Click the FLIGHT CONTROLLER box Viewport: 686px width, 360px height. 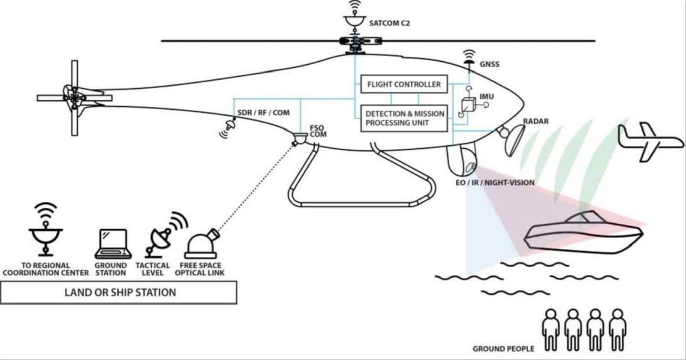pyautogui.click(x=404, y=84)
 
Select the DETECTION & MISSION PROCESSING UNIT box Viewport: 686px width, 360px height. pyautogui.click(x=404, y=118)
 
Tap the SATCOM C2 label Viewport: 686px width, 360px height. pyautogui.click(x=389, y=23)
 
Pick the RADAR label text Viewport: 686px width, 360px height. pyautogui.click(x=536, y=121)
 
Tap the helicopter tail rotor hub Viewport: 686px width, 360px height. pyautogui.click(x=74, y=98)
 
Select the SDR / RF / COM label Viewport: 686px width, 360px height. pyautogui.click(x=263, y=113)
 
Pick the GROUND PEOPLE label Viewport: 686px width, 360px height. pyautogui.click(x=503, y=349)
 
